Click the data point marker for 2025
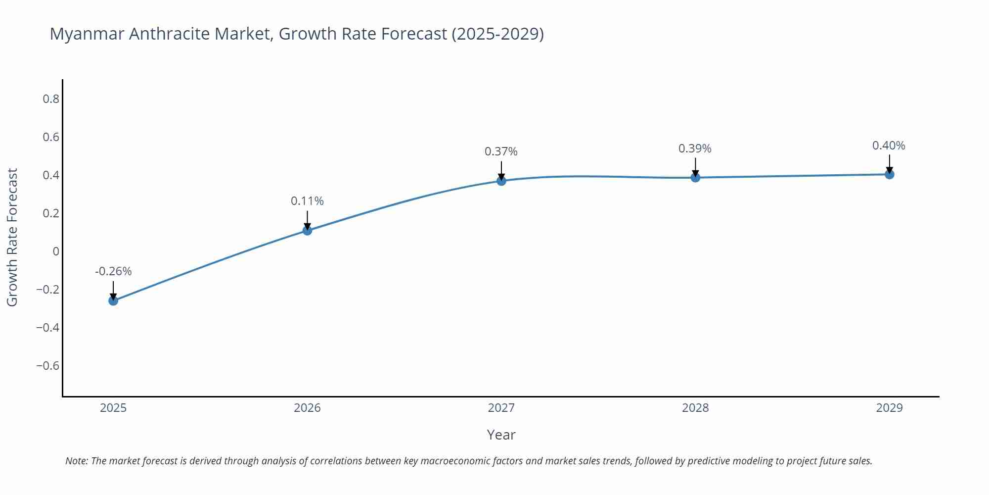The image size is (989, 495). click(113, 300)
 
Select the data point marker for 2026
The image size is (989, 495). click(307, 230)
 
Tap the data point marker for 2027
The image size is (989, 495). click(501, 181)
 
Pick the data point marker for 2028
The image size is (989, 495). click(695, 177)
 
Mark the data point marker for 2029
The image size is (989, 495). click(889, 174)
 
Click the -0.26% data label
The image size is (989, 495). click(113, 271)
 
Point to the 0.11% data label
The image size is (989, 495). click(307, 201)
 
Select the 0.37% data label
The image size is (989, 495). click(501, 151)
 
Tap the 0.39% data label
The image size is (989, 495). click(695, 148)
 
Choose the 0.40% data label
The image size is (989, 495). click(889, 146)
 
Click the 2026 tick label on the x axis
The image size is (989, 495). click(307, 408)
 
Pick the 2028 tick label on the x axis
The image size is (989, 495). click(695, 408)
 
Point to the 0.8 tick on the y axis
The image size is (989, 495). click(51, 99)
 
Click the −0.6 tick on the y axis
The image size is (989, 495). click(47, 366)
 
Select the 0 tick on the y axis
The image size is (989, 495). click(56, 251)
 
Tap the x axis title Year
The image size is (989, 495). click(501, 435)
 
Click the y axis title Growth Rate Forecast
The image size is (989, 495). click(12, 238)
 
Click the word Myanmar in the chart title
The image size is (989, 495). click(87, 34)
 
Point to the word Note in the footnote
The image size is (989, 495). click(76, 461)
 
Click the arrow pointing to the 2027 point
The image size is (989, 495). click(501, 171)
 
